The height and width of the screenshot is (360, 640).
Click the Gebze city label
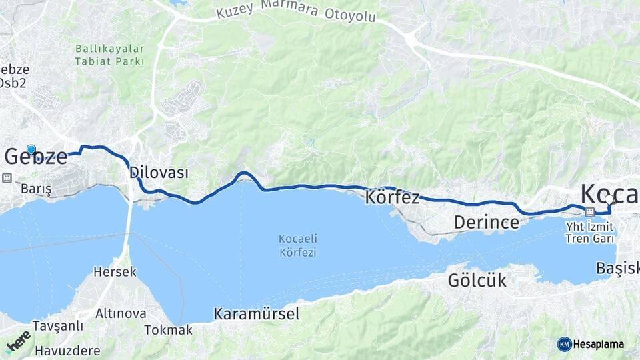(x=36, y=157)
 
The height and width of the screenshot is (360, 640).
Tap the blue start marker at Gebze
(x=31, y=149)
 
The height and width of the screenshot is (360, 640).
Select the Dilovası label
(x=159, y=173)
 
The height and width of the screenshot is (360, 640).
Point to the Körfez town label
(x=392, y=197)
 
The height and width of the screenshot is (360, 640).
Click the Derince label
(x=486, y=222)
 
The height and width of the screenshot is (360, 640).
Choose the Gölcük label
(x=477, y=281)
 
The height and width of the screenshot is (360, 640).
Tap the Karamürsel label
(x=256, y=314)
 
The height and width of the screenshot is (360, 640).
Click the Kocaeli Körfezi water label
(x=297, y=246)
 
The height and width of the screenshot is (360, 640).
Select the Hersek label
(x=115, y=272)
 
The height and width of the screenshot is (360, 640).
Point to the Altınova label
(x=121, y=313)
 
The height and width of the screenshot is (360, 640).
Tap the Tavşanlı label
(x=59, y=325)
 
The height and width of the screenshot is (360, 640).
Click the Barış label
(x=36, y=189)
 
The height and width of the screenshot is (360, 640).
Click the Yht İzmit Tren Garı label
(x=589, y=231)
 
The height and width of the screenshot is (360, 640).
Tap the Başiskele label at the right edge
(x=617, y=268)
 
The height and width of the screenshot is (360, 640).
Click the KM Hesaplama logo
(x=591, y=344)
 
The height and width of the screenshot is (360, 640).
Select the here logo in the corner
(x=19, y=341)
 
